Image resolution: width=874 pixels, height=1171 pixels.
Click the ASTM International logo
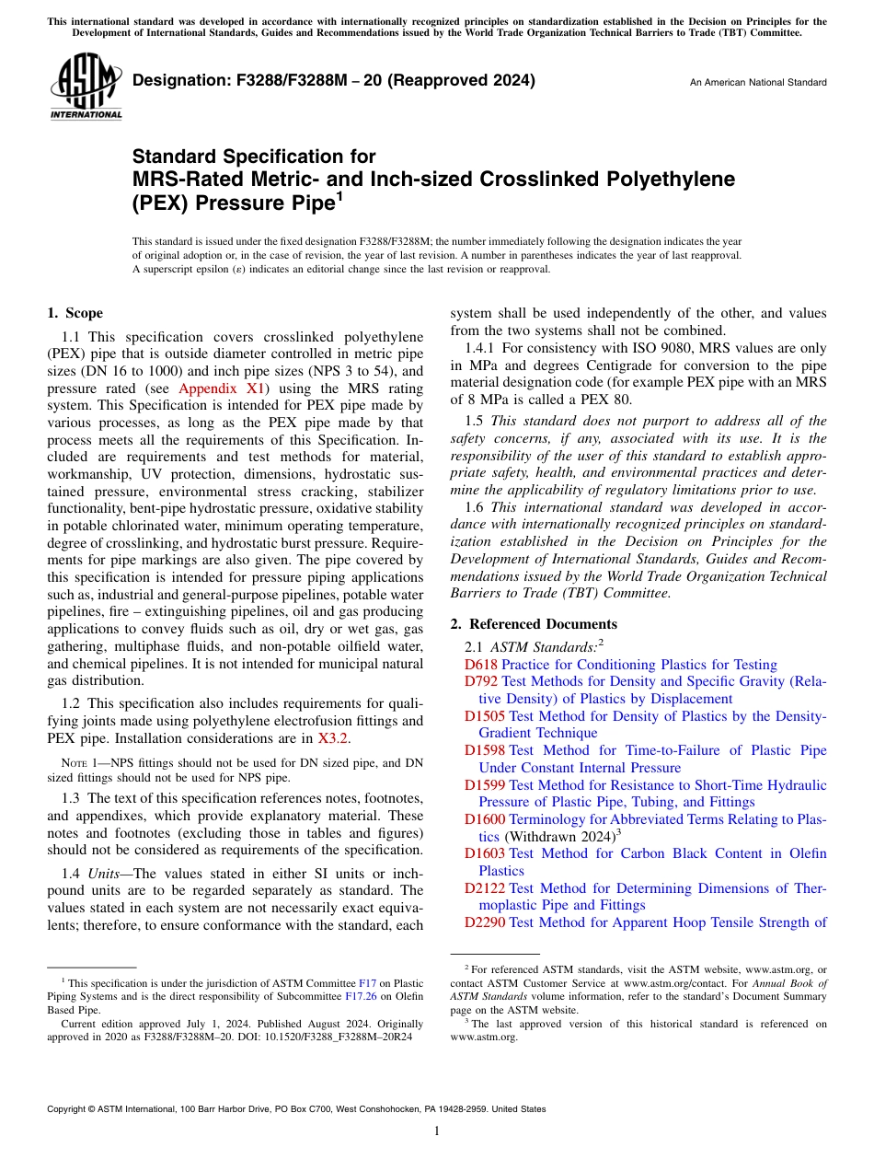click(85, 87)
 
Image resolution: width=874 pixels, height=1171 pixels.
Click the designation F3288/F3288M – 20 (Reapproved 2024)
click(334, 81)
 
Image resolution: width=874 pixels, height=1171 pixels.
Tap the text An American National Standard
click(758, 83)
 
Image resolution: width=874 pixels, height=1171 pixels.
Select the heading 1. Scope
click(75, 313)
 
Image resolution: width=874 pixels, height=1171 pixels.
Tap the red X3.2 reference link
click(334, 737)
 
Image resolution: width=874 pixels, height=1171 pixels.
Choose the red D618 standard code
click(480, 665)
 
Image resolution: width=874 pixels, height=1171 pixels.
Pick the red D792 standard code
click(480, 682)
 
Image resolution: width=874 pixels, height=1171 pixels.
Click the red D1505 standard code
click(484, 716)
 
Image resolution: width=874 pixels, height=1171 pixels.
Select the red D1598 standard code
click(484, 750)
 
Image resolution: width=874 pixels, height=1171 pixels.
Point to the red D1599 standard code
click(484, 785)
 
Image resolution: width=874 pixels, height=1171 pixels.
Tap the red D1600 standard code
click(484, 819)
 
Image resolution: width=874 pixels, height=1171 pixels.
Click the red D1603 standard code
click(484, 853)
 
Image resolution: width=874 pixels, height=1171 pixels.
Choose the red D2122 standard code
click(484, 888)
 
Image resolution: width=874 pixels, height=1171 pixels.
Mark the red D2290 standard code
click(484, 922)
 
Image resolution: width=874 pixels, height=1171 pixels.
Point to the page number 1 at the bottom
click(437, 1131)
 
